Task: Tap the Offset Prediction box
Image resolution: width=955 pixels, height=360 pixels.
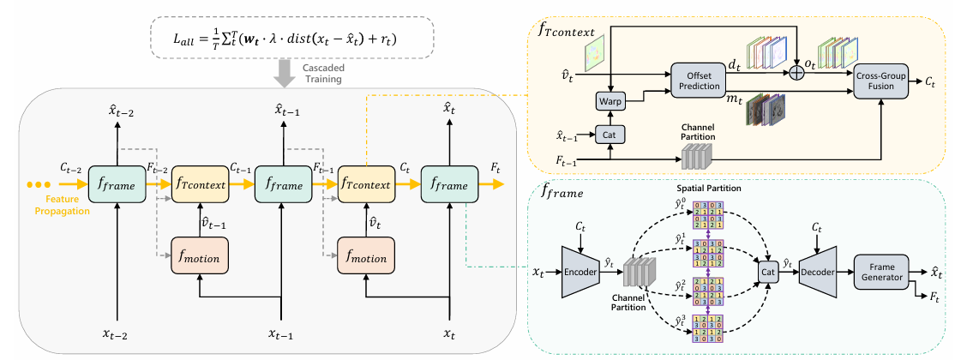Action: coord(697,82)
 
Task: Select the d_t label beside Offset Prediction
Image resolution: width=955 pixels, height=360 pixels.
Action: coord(734,63)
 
